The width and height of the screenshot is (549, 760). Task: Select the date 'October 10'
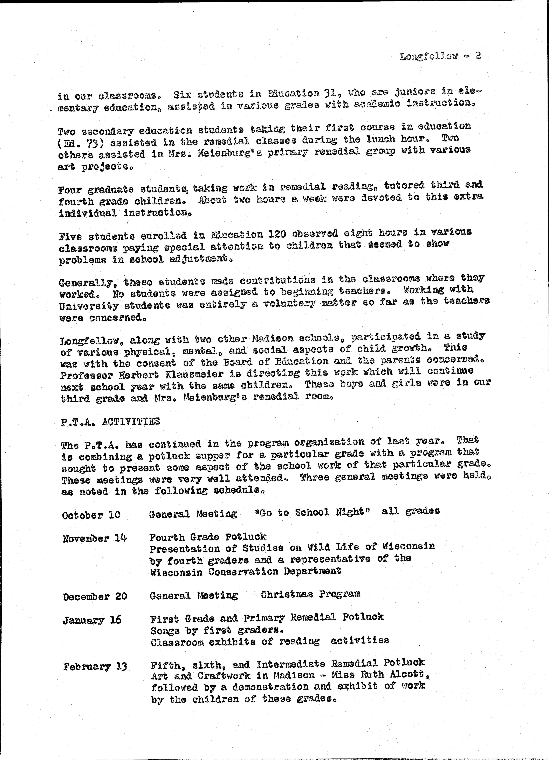pyautogui.click(x=91, y=515)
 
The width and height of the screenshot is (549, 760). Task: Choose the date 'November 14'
pyautogui.click(x=95, y=538)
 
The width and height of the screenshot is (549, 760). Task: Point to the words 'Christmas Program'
pyautogui.click(x=311, y=594)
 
